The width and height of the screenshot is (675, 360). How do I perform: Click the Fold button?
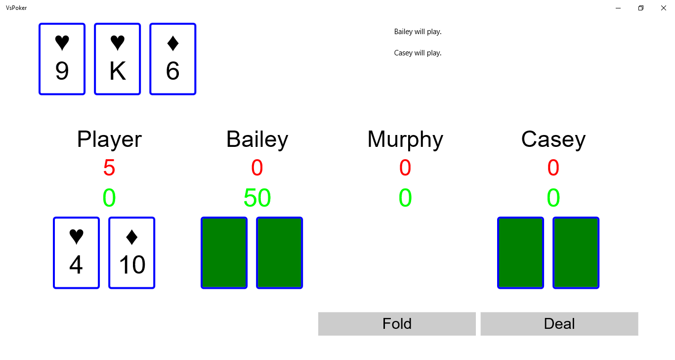pos(397,323)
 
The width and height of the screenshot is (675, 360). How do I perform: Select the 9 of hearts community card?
pos(62,59)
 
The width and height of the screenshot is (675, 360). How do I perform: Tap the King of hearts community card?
pos(118,59)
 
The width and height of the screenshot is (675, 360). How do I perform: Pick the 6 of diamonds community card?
pos(173,59)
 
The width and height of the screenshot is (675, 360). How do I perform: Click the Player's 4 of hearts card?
pos(76,253)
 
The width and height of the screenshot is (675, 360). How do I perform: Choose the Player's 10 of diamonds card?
pos(131,253)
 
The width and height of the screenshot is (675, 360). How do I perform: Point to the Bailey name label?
pos(257,139)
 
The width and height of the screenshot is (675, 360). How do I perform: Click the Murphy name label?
pos(405,139)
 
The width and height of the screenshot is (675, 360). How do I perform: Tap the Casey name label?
pos(553,139)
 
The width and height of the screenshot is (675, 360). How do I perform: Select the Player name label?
pos(109,139)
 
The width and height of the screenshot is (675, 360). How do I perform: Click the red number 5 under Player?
pos(109,168)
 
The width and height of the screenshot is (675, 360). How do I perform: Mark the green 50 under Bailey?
pos(257,198)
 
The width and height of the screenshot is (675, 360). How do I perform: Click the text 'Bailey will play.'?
pos(418,32)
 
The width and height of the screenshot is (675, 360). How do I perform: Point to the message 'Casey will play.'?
pos(418,53)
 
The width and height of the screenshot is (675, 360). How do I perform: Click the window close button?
pos(664,8)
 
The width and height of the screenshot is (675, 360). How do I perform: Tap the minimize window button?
pos(618,8)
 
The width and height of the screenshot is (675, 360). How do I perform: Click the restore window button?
pos(641,8)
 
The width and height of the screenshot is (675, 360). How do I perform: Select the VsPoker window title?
pos(16,8)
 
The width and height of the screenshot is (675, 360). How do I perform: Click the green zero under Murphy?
pos(405,198)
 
